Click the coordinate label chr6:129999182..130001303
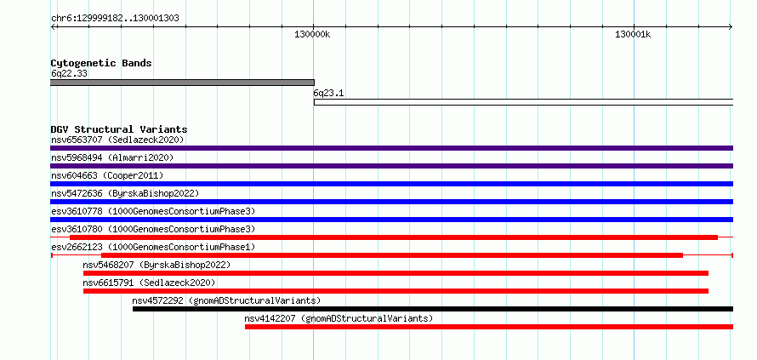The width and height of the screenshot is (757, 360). point(115,19)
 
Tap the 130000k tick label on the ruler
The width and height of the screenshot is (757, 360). point(312,34)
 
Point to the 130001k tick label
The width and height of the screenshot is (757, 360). point(633,34)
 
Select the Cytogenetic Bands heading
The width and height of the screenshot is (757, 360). point(101,63)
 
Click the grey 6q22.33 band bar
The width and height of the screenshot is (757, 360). point(183,83)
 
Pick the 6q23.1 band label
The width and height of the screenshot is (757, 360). point(328,94)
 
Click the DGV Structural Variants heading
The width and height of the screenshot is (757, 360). point(119,129)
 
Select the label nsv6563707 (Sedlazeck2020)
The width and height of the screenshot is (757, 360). point(117,140)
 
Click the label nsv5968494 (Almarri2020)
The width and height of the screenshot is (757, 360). point(112,157)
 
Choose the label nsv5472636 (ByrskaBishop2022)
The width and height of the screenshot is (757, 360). point(125,193)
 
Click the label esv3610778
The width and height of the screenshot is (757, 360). point(77,211)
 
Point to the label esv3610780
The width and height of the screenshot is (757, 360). point(77,229)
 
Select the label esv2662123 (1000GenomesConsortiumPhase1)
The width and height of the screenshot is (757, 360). point(153,247)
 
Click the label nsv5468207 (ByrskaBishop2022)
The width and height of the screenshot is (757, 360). point(157,265)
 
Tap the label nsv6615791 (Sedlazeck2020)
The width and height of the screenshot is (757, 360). point(149,283)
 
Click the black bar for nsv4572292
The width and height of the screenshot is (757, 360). point(433,309)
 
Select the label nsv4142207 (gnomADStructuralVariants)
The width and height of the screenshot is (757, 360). point(339,318)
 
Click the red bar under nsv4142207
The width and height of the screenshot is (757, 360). point(488,327)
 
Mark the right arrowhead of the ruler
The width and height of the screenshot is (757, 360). point(731,26)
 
